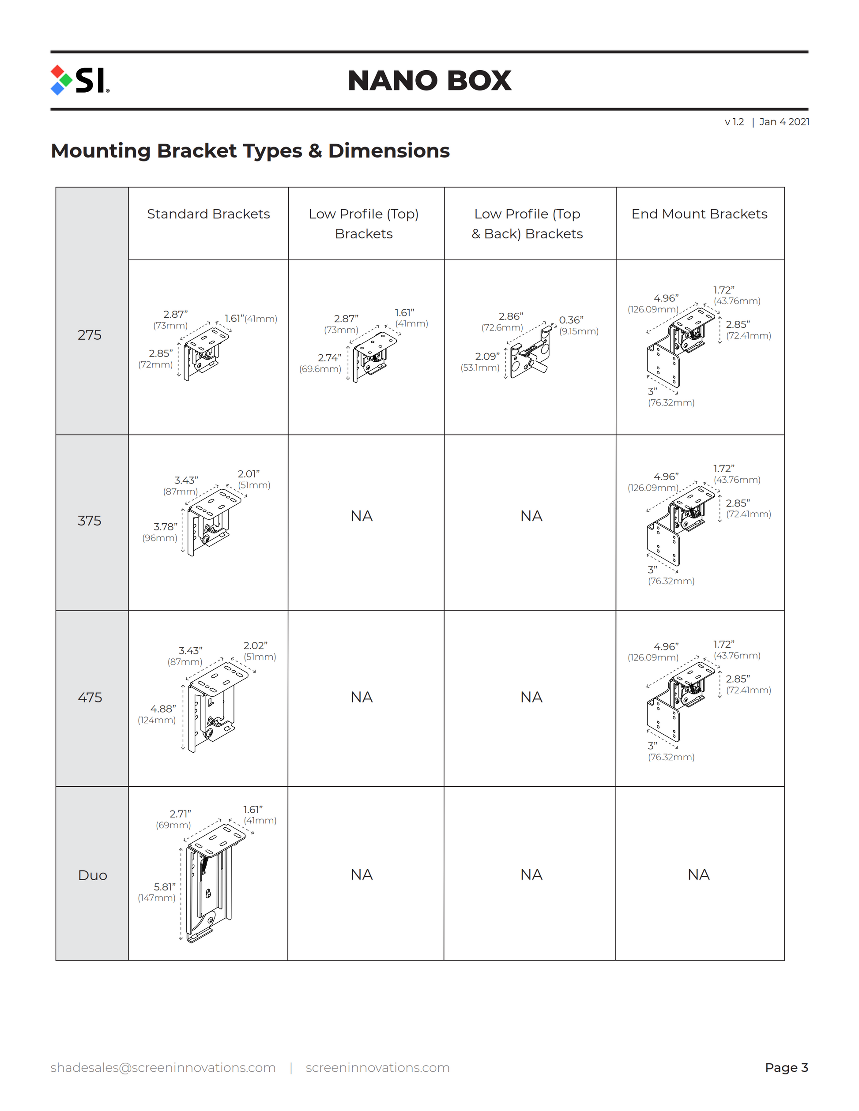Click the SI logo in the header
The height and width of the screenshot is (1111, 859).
pos(80,80)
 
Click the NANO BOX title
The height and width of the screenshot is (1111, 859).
pos(429,80)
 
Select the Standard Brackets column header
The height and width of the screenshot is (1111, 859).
pos(208,214)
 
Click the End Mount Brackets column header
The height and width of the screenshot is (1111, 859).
pos(699,214)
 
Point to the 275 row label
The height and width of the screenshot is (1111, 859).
pos(90,335)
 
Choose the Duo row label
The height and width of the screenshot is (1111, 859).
pos(93,875)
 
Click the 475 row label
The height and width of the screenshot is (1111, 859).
pos(90,697)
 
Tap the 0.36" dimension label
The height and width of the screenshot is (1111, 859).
pos(571,320)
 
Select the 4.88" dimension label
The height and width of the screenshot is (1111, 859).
pos(163,709)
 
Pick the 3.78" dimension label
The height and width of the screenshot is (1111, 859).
pos(166,526)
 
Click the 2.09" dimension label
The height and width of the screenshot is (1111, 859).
pos(487,356)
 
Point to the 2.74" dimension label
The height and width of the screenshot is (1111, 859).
pos(329,358)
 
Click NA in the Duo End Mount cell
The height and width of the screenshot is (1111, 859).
pos(698,875)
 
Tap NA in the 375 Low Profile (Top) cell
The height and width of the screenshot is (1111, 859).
pos(362,516)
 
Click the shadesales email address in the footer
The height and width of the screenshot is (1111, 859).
pos(163,1067)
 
